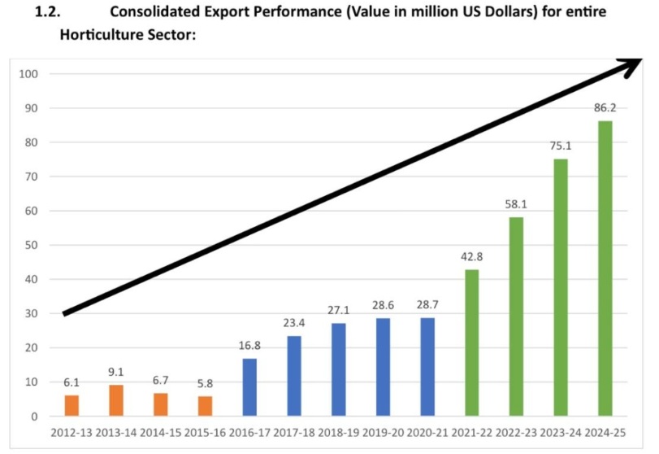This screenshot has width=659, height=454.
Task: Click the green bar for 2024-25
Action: (605, 268)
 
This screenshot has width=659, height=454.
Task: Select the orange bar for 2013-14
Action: (117, 400)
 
